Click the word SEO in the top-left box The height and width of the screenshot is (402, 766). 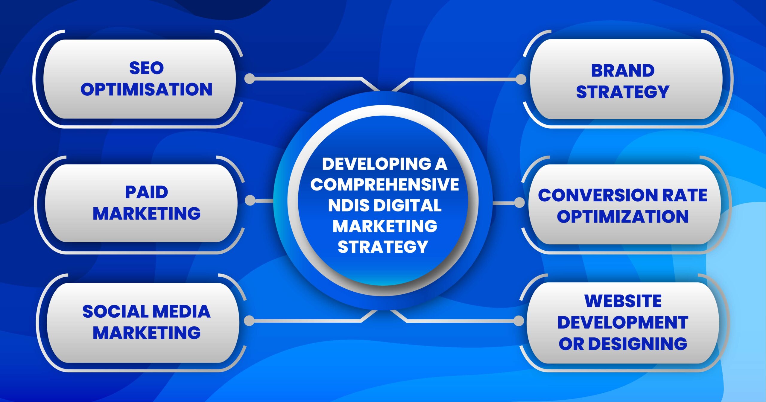pos(146,68)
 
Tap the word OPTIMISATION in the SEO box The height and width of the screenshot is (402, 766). pos(146,89)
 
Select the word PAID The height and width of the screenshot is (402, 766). pos(146,192)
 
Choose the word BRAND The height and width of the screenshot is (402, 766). pos(623,71)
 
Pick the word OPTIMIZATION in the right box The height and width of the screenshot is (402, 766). pos(623,216)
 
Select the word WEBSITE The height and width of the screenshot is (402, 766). pos(623,301)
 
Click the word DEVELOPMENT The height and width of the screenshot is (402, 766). pos(623,322)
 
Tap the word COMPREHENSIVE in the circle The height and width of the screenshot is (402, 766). pos(384,184)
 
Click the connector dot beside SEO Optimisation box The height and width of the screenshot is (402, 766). pos(250,79)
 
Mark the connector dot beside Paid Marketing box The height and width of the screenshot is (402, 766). pos(250,200)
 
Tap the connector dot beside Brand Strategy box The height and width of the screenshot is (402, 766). pos(521,80)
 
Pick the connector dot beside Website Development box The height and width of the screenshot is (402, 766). pos(519,321)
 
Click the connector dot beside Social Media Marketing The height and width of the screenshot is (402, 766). pos(249,321)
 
